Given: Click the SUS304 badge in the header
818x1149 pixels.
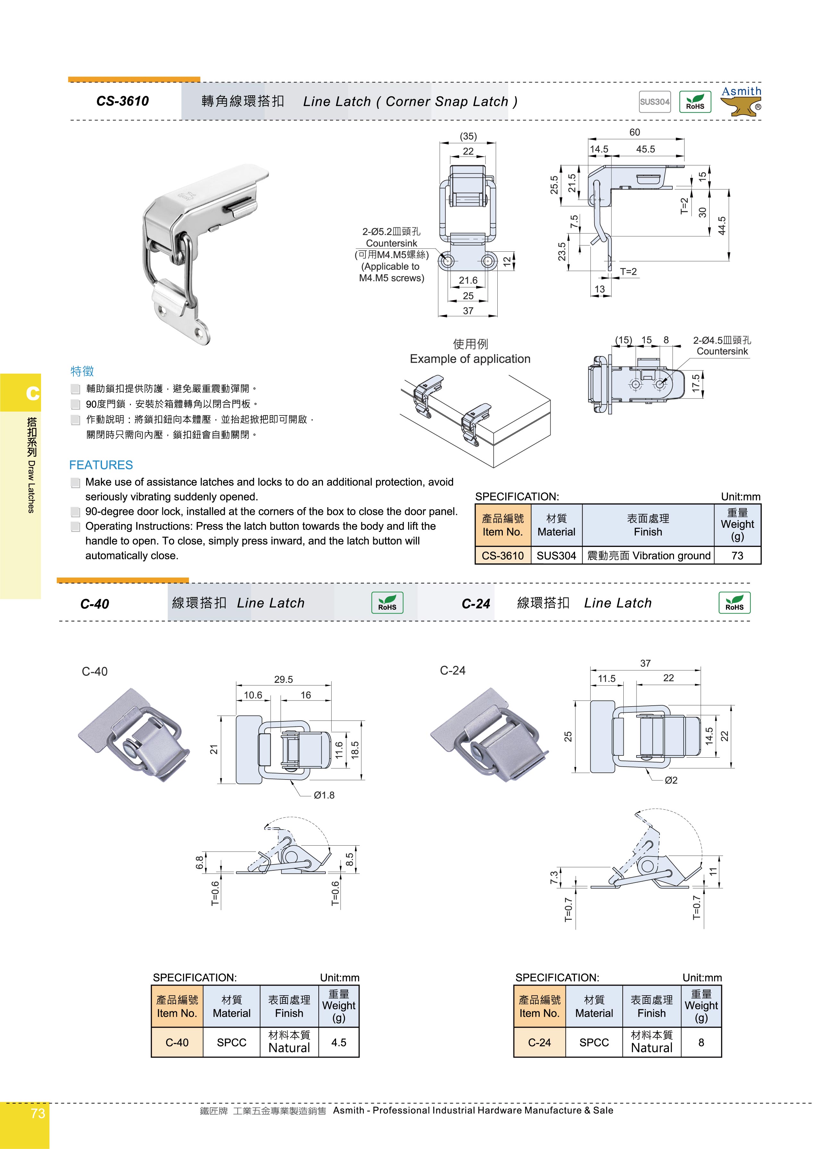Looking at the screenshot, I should pos(654,101).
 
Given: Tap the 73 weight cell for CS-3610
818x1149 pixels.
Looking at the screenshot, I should pos(737,556).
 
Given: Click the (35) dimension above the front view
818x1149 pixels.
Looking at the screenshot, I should pos(468,136).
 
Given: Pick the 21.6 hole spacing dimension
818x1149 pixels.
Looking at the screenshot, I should pos(468,280).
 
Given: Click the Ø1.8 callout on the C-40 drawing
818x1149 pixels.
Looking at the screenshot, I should pos(324,795).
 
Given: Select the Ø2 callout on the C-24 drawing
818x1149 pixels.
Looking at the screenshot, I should pos(671,780).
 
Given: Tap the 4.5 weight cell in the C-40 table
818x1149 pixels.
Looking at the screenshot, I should pos(339,1042).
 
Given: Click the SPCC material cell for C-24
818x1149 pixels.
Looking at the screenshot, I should pos(594,1042).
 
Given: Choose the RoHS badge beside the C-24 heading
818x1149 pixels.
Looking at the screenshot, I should pos(734,603).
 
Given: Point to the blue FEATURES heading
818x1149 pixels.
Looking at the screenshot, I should pos(101,465).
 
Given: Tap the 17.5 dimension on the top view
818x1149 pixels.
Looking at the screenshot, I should pos(696,383).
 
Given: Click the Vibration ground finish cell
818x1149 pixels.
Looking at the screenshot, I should pos(648,556).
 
